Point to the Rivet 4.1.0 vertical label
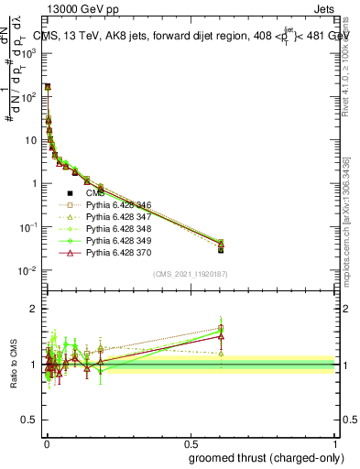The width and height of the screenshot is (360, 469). tap(345, 64)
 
